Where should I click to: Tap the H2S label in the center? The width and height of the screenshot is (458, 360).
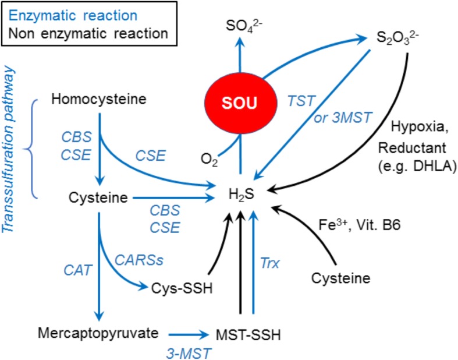[x=240, y=199]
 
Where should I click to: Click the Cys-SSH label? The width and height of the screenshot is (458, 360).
[x=175, y=287]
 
